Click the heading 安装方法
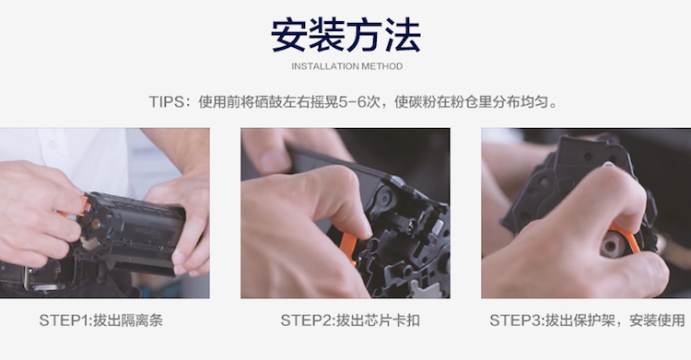(x=345, y=35)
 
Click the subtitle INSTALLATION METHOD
(x=346, y=66)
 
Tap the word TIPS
(x=166, y=102)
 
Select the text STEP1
(x=64, y=320)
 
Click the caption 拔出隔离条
(x=128, y=320)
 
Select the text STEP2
(x=306, y=320)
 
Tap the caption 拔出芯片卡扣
(x=378, y=320)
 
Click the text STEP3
(x=515, y=320)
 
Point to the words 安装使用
(x=657, y=320)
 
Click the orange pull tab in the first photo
(x=78, y=207)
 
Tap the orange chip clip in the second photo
(x=348, y=248)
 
